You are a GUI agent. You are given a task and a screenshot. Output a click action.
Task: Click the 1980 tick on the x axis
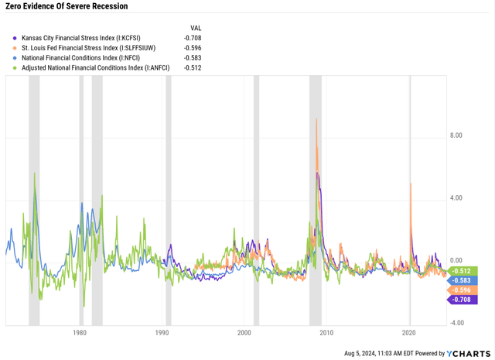click(x=79, y=333)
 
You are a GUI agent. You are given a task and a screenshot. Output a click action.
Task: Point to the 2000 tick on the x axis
click(x=244, y=333)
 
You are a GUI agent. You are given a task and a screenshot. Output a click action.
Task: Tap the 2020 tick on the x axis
click(x=409, y=333)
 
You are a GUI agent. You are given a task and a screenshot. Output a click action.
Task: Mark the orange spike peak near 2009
click(x=316, y=119)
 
